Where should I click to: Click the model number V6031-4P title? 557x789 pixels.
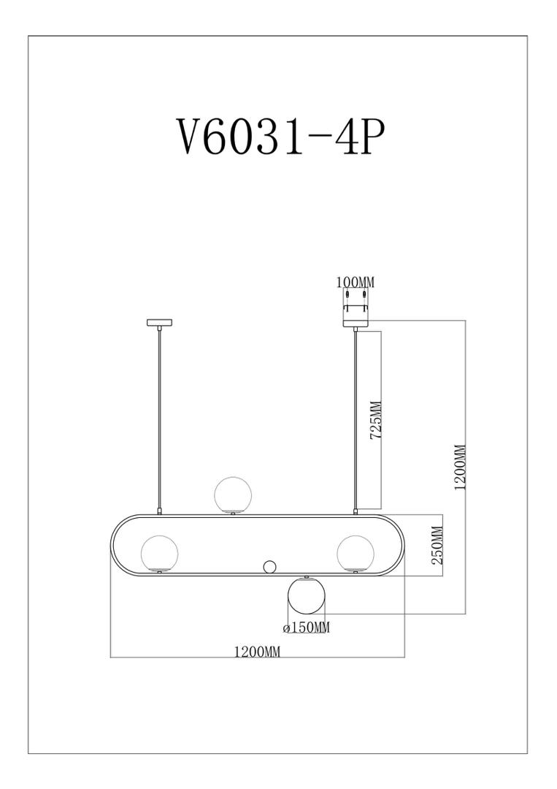point(280,137)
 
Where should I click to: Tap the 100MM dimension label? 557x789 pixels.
point(356,282)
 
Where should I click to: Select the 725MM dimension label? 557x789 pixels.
point(376,421)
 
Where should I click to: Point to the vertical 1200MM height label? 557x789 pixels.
point(460,468)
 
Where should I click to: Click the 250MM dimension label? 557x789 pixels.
point(437,546)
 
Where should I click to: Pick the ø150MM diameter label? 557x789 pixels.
point(306,628)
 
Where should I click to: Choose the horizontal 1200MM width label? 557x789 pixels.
point(257,652)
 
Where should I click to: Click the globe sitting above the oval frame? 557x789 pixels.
point(233,495)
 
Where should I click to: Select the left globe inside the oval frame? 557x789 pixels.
point(159,553)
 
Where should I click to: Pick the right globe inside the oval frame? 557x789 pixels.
point(355,553)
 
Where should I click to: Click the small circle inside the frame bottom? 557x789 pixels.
point(269,566)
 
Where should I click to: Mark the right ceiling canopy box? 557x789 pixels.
point(356,307)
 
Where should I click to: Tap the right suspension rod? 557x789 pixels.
point(356,416)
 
